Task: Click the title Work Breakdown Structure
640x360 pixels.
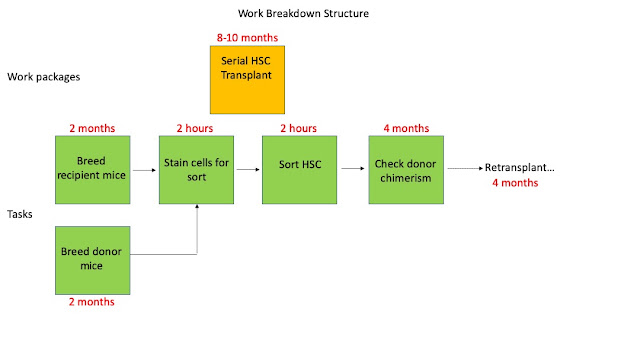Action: pyautogui.click(x=303, y=13)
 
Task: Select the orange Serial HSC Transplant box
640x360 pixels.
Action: pyautogui.click(x=247, y=80)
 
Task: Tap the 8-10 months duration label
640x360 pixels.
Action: pyautogui.click(x=247, y=38)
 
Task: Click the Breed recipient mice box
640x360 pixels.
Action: pyautogui.click(x=93, y=170)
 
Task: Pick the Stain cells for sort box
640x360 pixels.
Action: pyautogui.click(x=196, y=170)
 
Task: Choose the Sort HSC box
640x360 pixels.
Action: pyautogui.click(x=300, y=170)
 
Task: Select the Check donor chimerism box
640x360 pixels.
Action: pyautogui.click(x=406, y=170)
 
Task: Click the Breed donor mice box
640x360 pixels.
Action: pyautogui.click(x=93, y=260)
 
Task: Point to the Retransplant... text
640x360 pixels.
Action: pyautogui.click(x=520, y=167)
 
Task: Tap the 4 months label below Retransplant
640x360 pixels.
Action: pyautogui.click(x=515, y=183)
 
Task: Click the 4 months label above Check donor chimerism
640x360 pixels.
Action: pyautogui.click(x=406, y=128)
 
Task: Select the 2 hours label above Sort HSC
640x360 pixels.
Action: pyautogui.click(x=298, y=128)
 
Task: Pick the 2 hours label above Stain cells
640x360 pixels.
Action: pyautogui.click(x=195, y=128)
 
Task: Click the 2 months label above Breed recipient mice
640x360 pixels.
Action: pyautogui.click(x=92, y=128)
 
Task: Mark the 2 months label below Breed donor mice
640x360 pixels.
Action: pyautogui.click(x=92, y=302)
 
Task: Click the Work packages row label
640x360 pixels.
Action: pyautogui.click(x=44, y=77)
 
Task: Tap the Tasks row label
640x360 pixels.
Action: pyautogui.click(x=20, y=214)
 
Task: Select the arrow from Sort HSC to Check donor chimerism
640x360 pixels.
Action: pyautogui.click(x=353, y=168)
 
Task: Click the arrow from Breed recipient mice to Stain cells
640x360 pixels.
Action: pyautogui.click(x=144, y=170)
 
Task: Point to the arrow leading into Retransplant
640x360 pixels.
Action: pyautogui.click(x=465, y=168)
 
